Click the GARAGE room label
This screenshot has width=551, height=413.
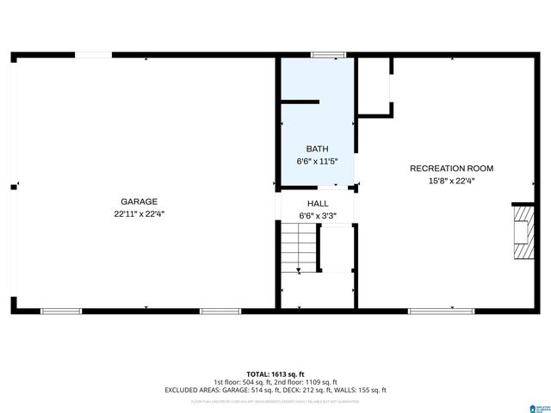(139, 201)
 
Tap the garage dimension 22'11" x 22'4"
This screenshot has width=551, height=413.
(139, 213)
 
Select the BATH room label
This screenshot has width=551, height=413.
(317, 149)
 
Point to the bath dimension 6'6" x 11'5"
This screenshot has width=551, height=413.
(317, 161)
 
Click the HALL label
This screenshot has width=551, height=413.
(317, 204)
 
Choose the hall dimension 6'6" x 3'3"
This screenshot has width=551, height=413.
(317, 216)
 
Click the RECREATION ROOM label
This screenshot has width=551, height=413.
(451, 169)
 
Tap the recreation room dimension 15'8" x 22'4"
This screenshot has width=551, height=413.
(451, 181)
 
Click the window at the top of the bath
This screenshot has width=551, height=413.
(328, 56)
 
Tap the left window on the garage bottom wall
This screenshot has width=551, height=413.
(61, 310)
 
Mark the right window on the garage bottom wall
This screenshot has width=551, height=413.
(220, 310)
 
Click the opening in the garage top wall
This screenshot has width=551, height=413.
(92, 56)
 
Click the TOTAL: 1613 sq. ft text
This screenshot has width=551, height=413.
(275, 374)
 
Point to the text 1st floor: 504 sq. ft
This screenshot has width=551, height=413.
(245, 382)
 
